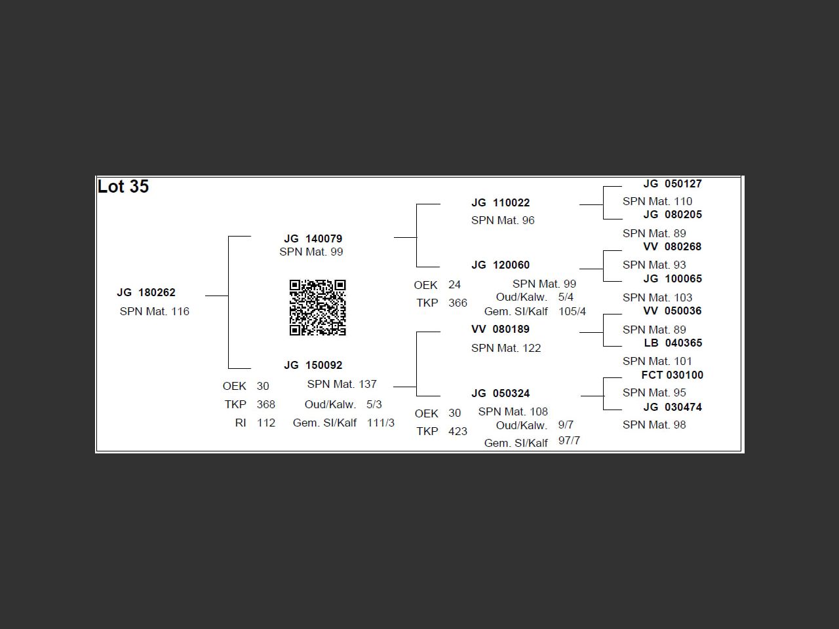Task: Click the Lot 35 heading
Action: pyautogui.click(x=123, y=187)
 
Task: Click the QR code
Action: pyautogui.click(x=318, y=307)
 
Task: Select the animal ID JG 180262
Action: pyautogui.click(x=146, y=293)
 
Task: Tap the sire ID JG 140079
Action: pyautogui.click(x=313, y=239)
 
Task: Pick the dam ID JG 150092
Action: pyautogui.click(x=313, y=366)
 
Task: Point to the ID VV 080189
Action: pyautogui.click(x=500, y=330)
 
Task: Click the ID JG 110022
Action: pyautogui.click(x=500, y=203)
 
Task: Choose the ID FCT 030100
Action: pyautogui.click(x=672, y=375)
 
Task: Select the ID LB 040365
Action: pyautogui.click(x=673, y=343)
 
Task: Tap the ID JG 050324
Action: pyautogui.click(x=500, y=394)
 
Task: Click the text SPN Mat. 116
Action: pyautogui.click(x=155, y=312)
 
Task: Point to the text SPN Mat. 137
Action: pyautogui.click(x=341, y=385)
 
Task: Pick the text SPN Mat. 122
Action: pyautogui.click(x=506, y=349)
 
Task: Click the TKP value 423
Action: pyautogui.click(x=458, y=432)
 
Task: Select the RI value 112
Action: pyautogui.click(x=266, y=423)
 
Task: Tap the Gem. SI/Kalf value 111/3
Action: pyautogui.click(x=381, y=423)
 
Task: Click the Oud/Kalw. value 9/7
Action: pyautogui.click(x=566, y=425)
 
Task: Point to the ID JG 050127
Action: pyautogui.click(x=673, y=184)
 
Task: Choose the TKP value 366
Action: pyautogui.click(x=458, y=303)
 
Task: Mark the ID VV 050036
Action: pyautogui.click(x=673, y=311)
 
